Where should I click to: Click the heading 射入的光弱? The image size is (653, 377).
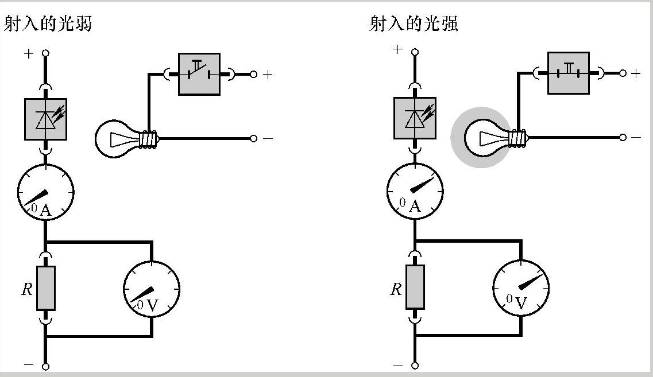(48, 24)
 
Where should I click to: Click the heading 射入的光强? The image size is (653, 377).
(414, 24)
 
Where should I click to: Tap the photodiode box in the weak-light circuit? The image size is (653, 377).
(45, 119)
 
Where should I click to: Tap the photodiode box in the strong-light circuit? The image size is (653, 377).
(415, 118)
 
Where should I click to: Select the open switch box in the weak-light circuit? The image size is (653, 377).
(199, 74)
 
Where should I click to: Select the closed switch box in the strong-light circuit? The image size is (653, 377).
(568, 73)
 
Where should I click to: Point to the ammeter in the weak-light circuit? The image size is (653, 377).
(45, 192)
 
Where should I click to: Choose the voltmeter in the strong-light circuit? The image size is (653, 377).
(521, 287)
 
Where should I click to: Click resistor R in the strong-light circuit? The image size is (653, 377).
(415, 287)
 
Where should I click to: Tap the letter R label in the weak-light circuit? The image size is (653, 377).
(27, 289)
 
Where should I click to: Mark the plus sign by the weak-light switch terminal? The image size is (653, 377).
(267, 75)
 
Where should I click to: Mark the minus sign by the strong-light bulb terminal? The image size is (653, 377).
(636, 138)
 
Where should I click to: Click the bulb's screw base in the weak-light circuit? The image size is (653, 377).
(150, 139)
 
